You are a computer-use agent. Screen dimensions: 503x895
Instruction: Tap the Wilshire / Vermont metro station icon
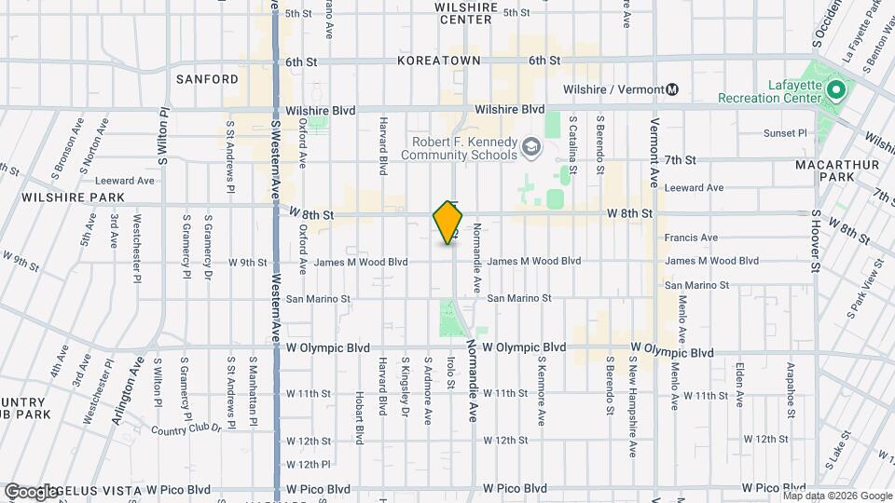(672, 89)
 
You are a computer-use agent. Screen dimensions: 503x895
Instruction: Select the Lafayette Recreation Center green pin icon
(836, 90)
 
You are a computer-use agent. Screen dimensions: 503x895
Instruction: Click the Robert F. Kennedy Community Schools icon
(530, 146)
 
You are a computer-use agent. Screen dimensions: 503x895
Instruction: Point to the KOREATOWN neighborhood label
(438, 61)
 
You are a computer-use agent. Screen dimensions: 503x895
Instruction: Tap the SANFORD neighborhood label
(208, 79)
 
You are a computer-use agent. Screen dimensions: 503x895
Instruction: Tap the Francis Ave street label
(691, 238)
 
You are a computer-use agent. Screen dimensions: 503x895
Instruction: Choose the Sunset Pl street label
(784, 133)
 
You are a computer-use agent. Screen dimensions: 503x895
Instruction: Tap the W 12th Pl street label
(309, 464)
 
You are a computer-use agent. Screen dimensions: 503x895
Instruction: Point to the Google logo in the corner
(32, 491)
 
